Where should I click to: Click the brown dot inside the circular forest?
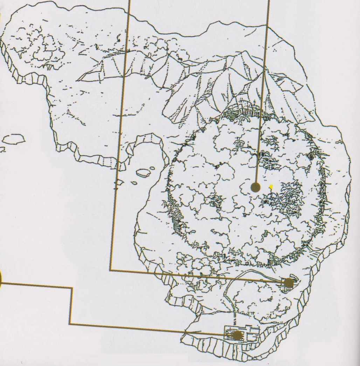coord(256,187)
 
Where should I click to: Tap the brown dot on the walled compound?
coord(237,335)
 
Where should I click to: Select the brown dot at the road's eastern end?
coord(289,283)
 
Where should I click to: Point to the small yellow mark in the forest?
coord(271,187)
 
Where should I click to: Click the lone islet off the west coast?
coord(13,139)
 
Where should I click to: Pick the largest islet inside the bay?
coord(143,172)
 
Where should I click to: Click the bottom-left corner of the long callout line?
coord(110,270)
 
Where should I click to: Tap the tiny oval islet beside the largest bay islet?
coord(153,168)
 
